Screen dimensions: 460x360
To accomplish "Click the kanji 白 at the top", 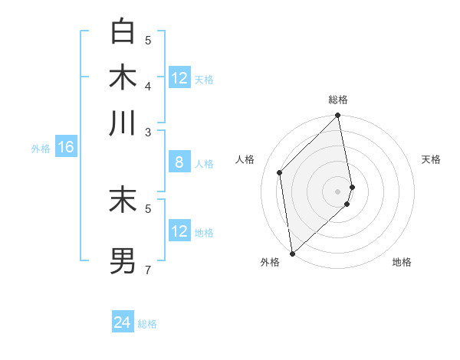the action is click(123, 31).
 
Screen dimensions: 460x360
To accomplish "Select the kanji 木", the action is click(123, 77).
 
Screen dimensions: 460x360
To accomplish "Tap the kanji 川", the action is click(123, 123).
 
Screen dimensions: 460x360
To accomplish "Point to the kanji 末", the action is click(123, 199).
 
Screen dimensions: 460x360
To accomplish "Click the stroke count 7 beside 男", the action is click(148, 269).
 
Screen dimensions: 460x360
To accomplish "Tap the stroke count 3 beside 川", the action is click(148, 132).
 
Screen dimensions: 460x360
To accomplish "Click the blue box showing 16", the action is click(65, 147).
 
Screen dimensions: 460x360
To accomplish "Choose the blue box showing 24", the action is click(123, 322).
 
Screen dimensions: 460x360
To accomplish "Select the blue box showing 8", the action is click(179, 162).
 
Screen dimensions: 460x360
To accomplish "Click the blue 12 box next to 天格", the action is click(179, 78).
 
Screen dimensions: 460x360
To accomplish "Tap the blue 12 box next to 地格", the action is click(179, 231).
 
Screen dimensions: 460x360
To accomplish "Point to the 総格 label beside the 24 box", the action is click(148, 324).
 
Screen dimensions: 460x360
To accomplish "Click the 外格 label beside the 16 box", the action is click(41, 149).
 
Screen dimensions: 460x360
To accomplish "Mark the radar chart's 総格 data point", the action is click(338, 116).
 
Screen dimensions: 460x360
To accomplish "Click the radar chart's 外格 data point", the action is click(292, 253).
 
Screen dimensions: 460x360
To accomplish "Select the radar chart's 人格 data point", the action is click(280, 172).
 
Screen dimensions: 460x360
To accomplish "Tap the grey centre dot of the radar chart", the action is click(338, 191).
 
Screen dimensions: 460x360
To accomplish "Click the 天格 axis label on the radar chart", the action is click(431, 159).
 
